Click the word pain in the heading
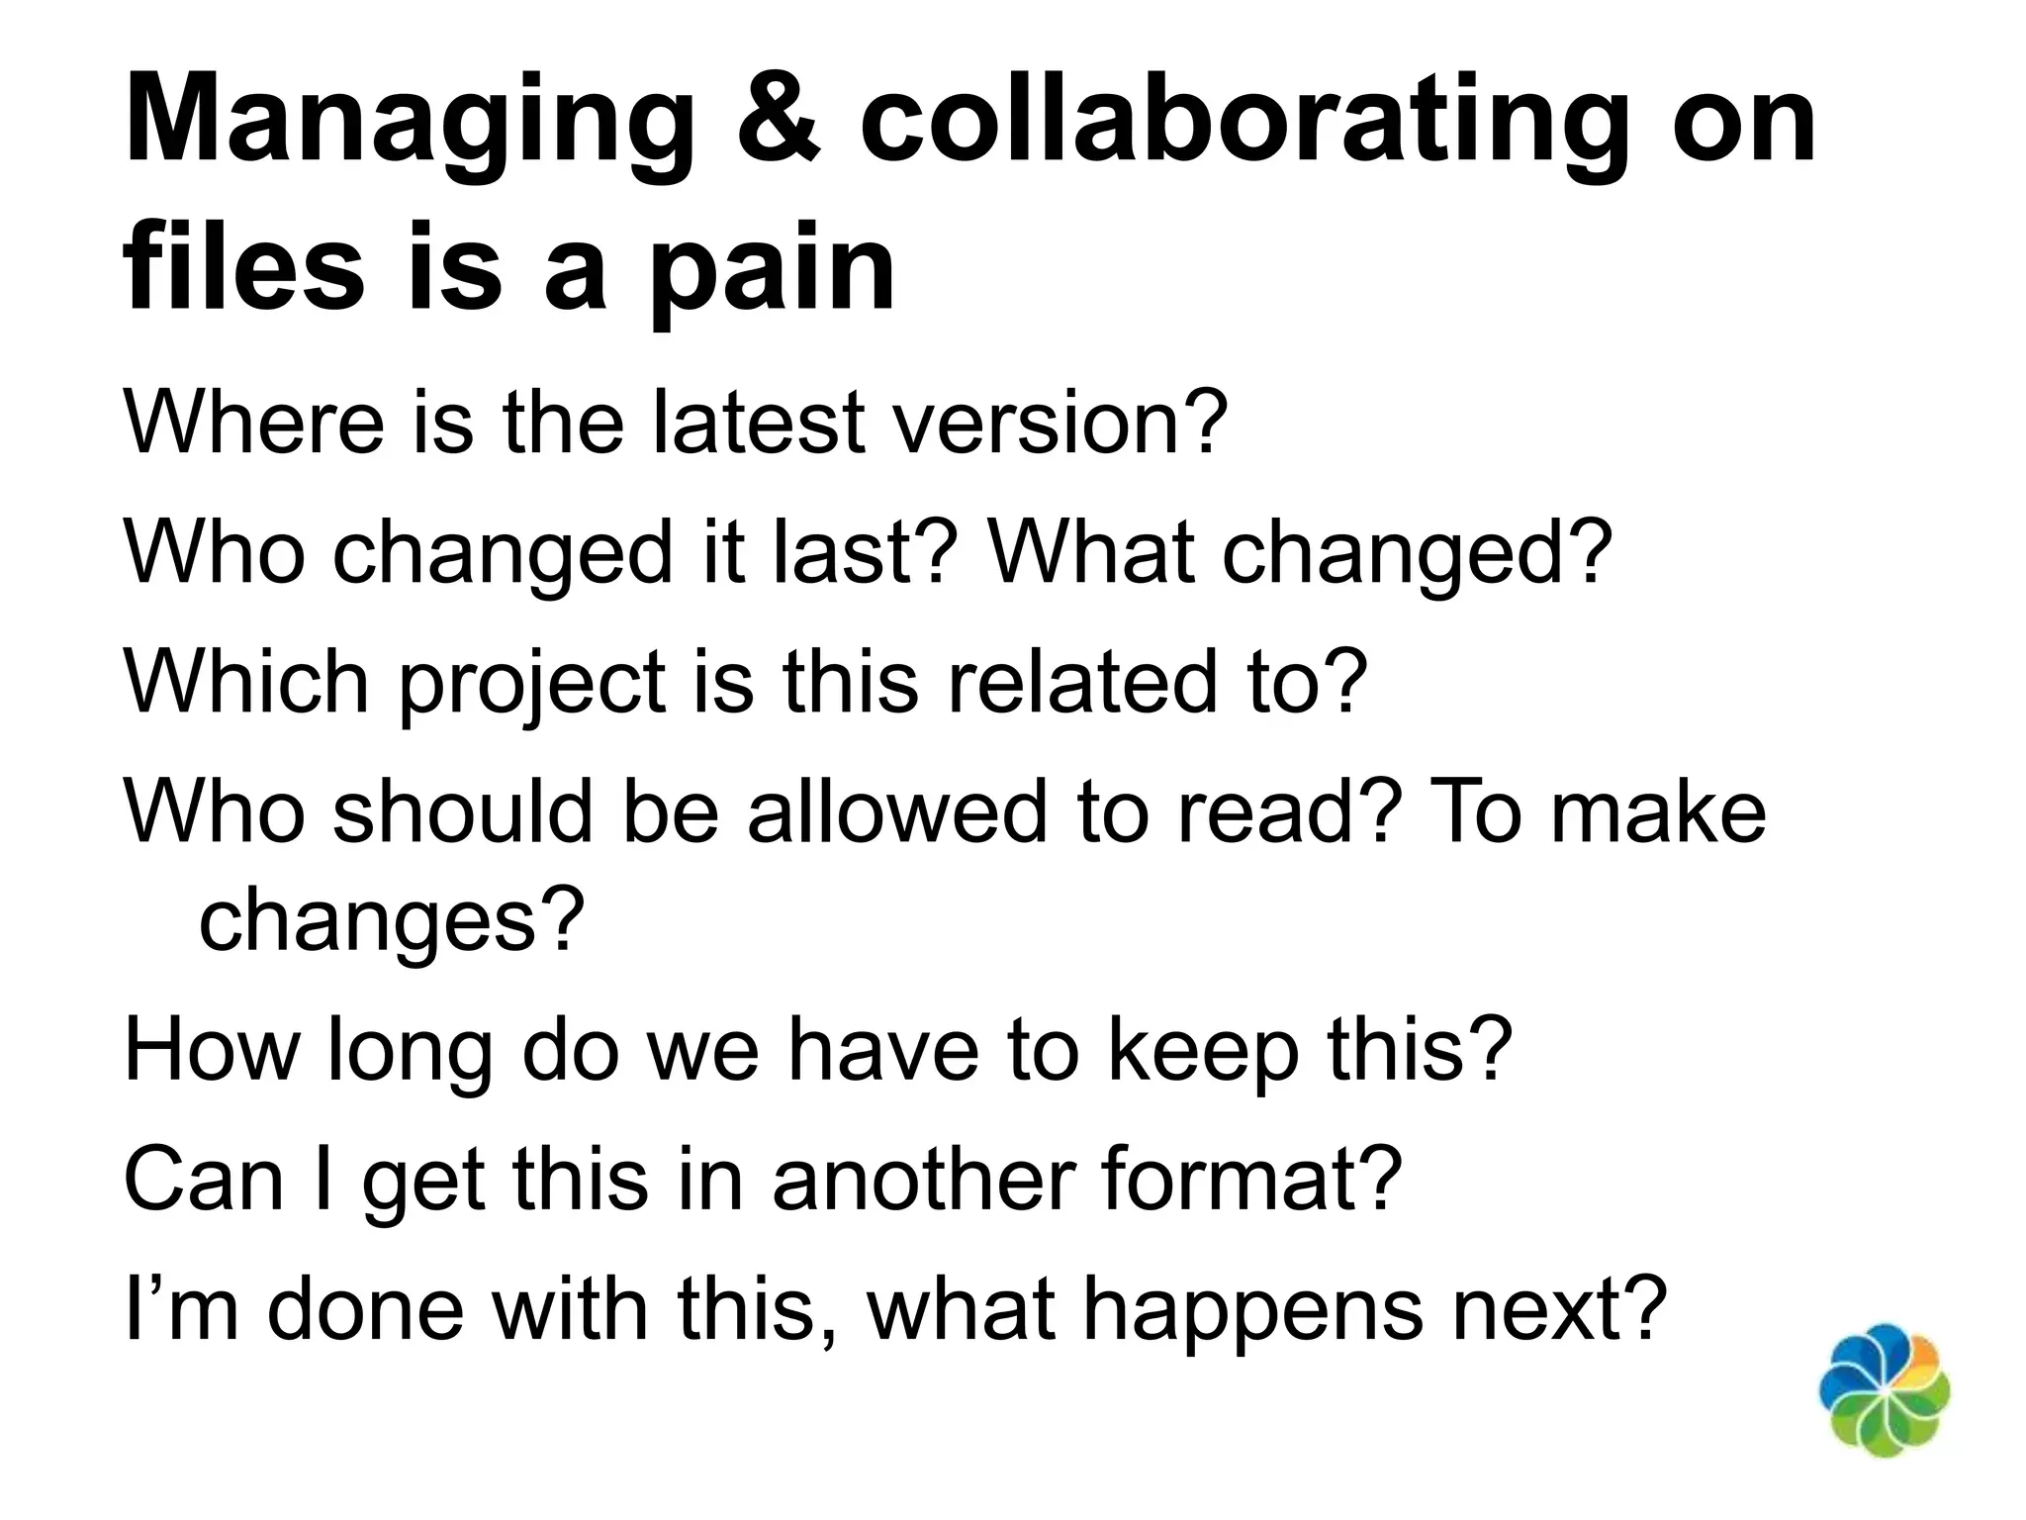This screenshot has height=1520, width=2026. click(771, 269)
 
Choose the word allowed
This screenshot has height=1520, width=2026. click(895, 811)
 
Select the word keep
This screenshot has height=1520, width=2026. click(1202, 1051)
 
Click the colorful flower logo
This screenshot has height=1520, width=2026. click(1885, 1402)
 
